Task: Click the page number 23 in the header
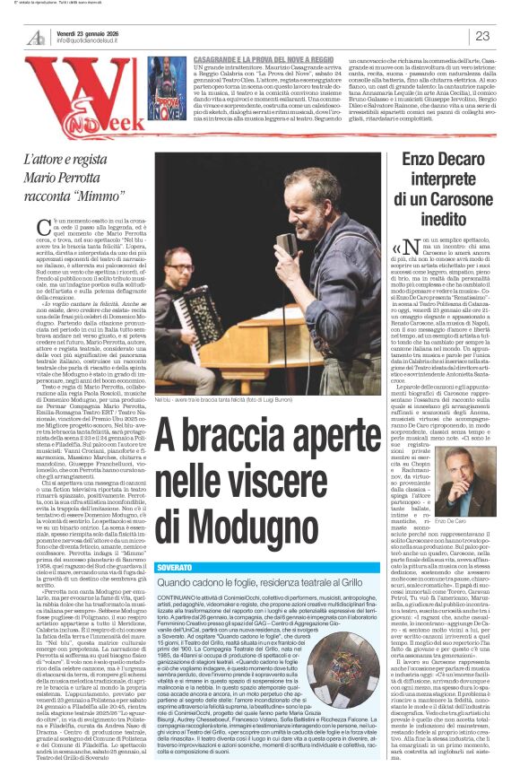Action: click(x=481, y=36)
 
